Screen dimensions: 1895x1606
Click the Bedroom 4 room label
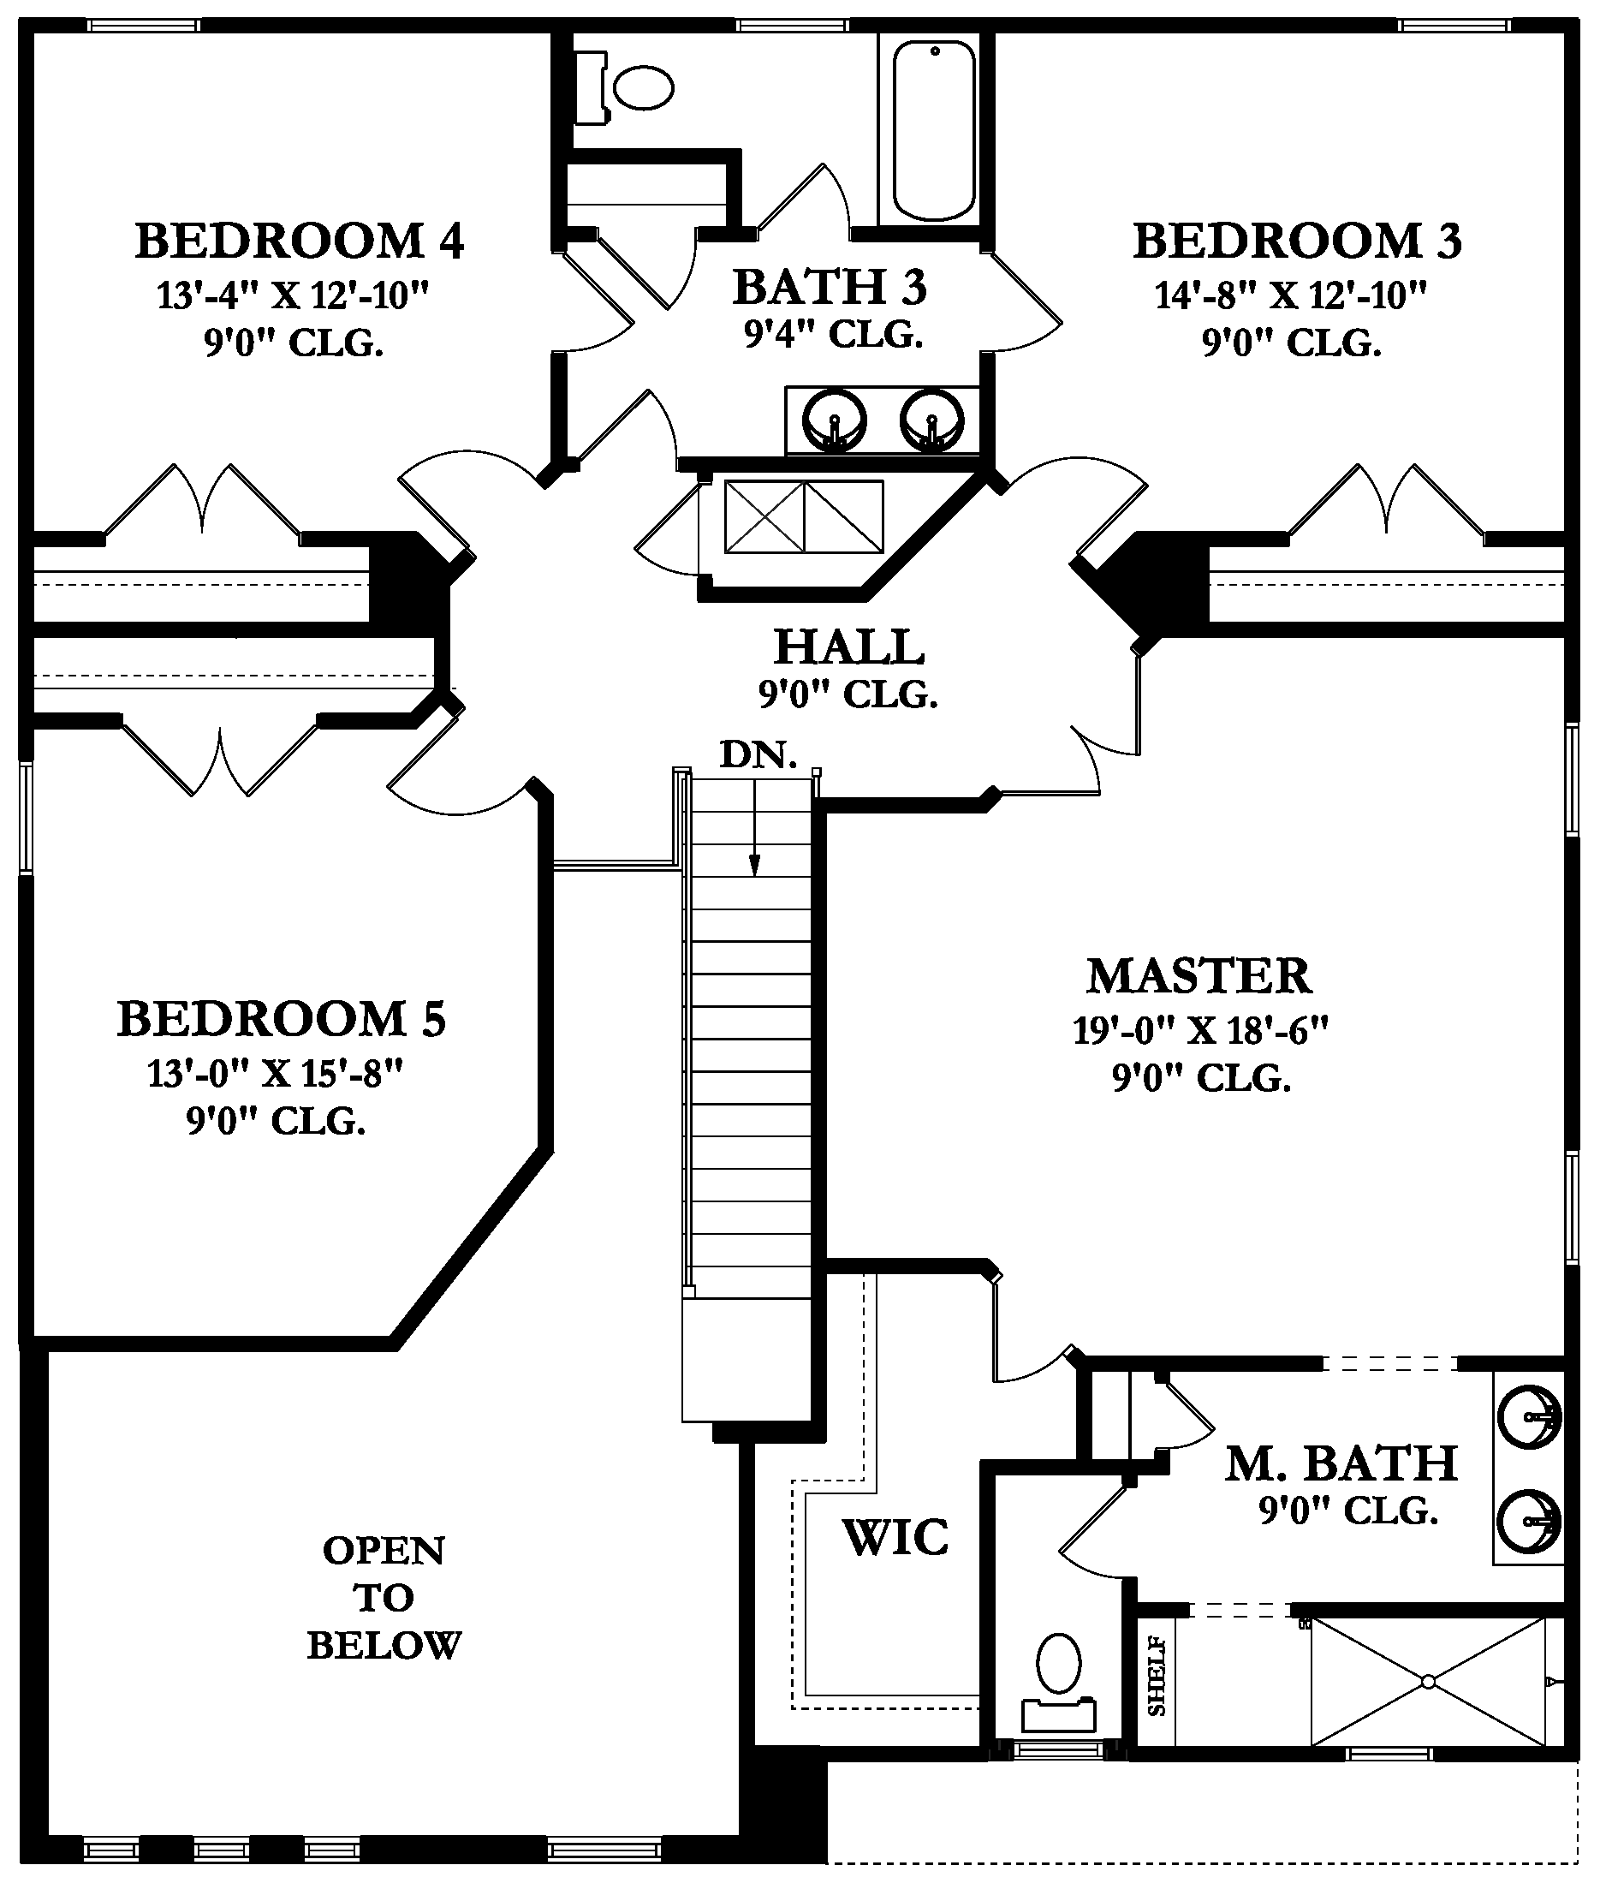pyautogui.click(x=300, y=241)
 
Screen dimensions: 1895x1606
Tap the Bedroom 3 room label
pyautogui.click(x=1296, y=241)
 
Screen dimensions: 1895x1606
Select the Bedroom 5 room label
pyautogui.click(x=282, y=1019)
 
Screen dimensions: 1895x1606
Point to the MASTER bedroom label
pyautogui.click(x=1199, y=976)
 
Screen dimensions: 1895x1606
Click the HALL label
pyautogui.click(x=848, y=647)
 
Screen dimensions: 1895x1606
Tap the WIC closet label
pyautogui.click(x=895, y=1538)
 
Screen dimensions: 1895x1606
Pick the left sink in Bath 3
pyautogui.click(x=834, y=420)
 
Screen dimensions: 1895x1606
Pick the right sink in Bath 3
pyautogui.click(x=931, y=420)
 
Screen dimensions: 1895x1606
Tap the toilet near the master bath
pyautogui.click(x=1058, y=1681)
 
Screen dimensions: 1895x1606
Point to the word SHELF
pyautogui.click(x=1157, y=1676)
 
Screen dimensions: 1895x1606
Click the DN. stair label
pyautogui.click(x=758, y=754)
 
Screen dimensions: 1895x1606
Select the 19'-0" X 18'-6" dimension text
pyautogui.click(x=1200, y=1031)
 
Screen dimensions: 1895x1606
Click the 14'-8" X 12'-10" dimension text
pyautogui.click(x=1291, y=295)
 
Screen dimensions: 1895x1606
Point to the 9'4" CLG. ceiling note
pyautogui.click(x=834, y=335)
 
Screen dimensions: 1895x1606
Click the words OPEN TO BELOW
pyautogui.click(x=384, y=1598)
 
